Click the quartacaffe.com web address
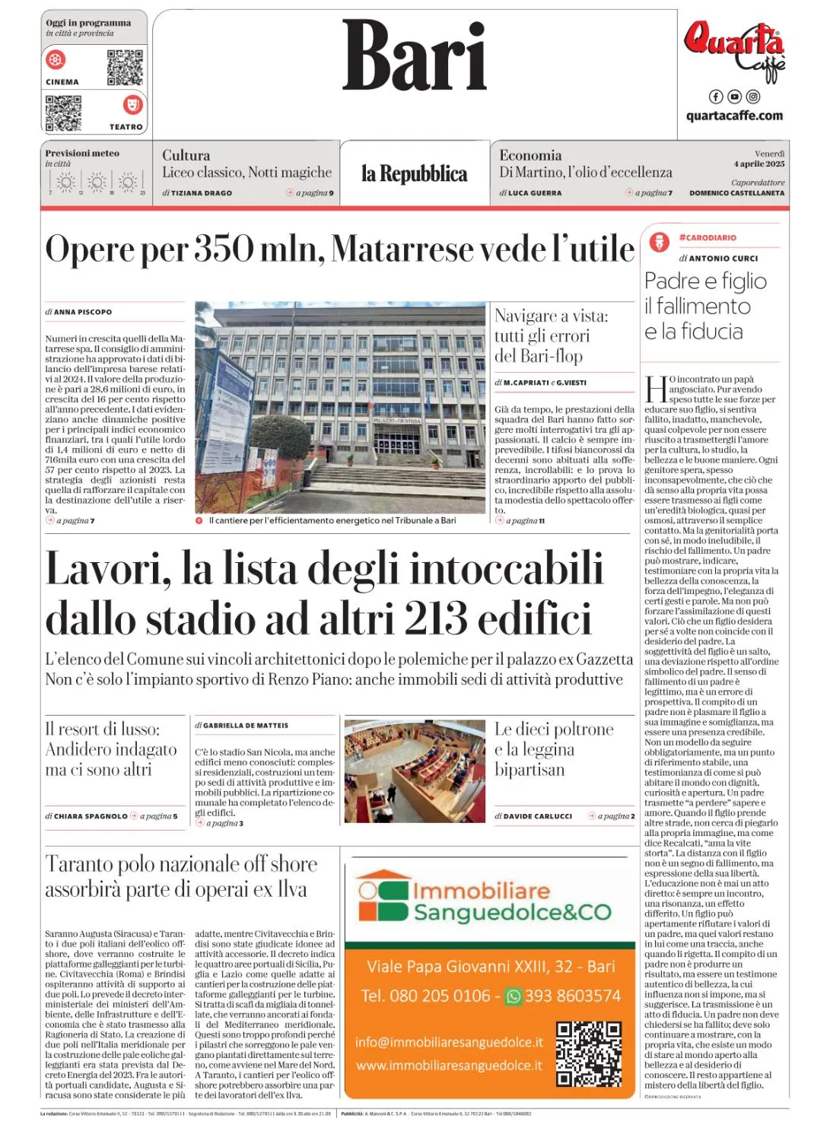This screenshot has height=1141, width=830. click(734, 116)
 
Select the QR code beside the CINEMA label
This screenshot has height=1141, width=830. click(125, 68)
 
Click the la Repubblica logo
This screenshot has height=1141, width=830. click(415, 174)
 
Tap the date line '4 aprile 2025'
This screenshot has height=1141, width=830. click(759, 164)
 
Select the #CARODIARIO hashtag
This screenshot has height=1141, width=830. click(708, 237)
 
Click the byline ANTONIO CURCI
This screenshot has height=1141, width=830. click(723, 259)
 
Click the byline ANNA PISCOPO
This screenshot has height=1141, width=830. click(83, 312)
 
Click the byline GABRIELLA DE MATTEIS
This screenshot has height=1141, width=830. click(246, 726)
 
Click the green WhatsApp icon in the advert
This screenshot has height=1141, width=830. click(514, 996)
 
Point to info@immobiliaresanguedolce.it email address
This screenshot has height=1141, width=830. click(450, 1042)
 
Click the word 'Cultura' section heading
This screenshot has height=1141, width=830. click(186, 155)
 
